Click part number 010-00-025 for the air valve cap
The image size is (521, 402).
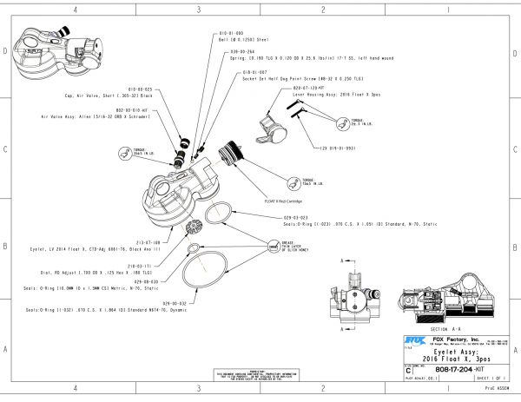point(144,89)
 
